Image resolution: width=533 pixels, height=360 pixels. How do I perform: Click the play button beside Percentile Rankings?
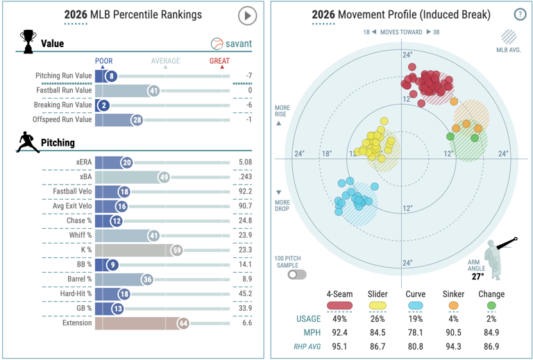(x=247, y=16)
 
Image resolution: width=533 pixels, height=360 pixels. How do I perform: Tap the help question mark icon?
(x=520, y=15)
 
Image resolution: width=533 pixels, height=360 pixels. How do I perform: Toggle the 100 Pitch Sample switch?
(x=297, y=275)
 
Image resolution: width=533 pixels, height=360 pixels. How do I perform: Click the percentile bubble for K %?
(x=177, y=250)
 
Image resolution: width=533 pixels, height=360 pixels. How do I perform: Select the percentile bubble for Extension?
(x=183, y=323)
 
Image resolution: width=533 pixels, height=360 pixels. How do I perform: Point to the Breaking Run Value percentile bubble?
(x=103, y=105)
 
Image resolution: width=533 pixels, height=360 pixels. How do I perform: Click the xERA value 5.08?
(x=245, y=162)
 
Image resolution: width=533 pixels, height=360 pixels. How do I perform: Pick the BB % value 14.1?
(x=245, y=264)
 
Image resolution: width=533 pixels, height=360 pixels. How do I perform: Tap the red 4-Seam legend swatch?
(x=339, y=305)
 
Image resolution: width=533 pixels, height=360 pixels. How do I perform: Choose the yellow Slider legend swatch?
(x=378, y=305)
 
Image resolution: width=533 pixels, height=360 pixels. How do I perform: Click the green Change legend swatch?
(x=491, y=305)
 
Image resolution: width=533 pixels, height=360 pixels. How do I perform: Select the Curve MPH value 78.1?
(x=416, y=332)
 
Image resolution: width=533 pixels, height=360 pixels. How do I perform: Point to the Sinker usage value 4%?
(x=453, y=319)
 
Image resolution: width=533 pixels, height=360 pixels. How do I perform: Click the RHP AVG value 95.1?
(x=339, y=346)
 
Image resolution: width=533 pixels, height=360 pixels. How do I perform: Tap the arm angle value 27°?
(x=477, y=277)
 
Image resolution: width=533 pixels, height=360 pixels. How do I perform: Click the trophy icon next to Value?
(x=28, y=42)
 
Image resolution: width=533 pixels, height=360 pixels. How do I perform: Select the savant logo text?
(x=239, y=44)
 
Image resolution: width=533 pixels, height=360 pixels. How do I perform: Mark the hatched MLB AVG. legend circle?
(x=509, y=37)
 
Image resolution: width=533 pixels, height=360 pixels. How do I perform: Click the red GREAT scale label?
(x=219, y=61)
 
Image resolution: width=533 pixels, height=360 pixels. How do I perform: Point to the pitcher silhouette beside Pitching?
(x=27, y=142)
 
